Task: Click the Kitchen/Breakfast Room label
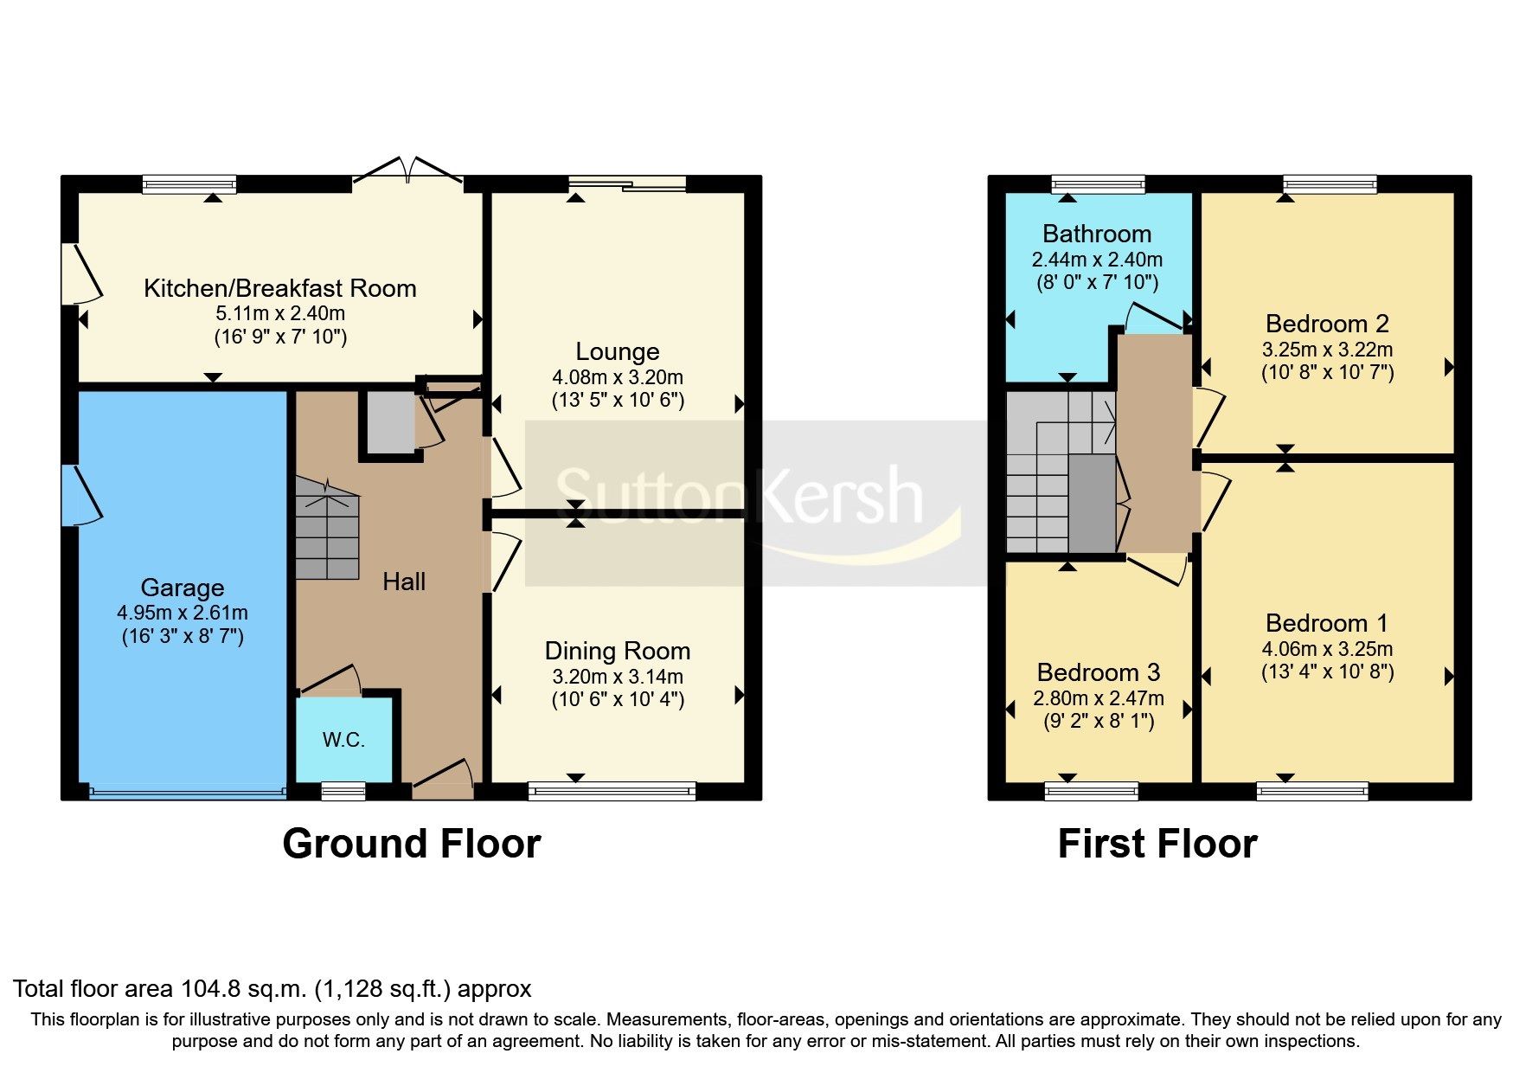(x=279, y=288)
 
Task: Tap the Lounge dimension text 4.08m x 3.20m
(x=618, y=377)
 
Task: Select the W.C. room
(x=343, y=740)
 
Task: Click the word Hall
(x=404, y=581)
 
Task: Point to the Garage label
(x=183, y=588)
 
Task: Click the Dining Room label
(x=618, y=651)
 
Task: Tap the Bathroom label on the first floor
(x=1097, y=234)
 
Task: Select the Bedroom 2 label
(x=1327, y=324)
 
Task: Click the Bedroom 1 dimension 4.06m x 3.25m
(x=1327, y=649)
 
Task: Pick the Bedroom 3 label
(x=1099, y=672)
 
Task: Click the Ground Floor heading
(x=412, y=844)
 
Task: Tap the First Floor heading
(x=1157, y=844)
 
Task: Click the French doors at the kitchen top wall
(x=408, y=171)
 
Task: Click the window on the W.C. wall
(x=343, y=790)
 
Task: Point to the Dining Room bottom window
(x=612, y=790)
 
